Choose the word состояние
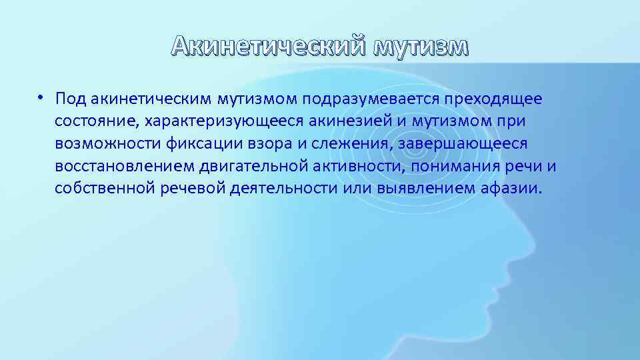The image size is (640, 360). [x=93, y=121]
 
